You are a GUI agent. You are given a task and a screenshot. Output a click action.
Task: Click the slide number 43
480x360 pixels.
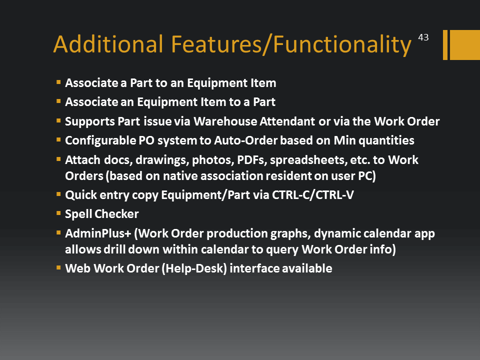point(423,37)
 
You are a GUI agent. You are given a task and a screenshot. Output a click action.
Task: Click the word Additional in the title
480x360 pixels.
point(108,44)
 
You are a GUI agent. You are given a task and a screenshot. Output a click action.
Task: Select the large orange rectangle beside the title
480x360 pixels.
point(464,44)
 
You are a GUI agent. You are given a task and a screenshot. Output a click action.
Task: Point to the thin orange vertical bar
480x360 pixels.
point(445,44)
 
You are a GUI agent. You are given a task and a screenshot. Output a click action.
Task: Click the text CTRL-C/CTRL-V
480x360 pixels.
point(313,195)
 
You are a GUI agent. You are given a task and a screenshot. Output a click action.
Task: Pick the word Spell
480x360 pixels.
point(78,214)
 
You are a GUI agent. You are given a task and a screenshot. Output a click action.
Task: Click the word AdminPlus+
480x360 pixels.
point(98,233)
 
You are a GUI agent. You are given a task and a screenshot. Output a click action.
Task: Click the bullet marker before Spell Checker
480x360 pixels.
point(58,213)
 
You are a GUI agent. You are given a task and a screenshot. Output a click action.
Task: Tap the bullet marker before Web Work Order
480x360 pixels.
point(58,267)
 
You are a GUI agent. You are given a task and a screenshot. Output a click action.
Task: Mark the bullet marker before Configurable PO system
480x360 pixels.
point(58,139)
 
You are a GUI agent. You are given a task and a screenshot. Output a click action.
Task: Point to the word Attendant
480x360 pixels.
point(287,121)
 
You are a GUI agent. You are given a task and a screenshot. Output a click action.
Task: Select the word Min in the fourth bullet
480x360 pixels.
point(344,140)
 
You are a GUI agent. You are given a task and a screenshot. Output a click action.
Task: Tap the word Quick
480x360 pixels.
point(81,195)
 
